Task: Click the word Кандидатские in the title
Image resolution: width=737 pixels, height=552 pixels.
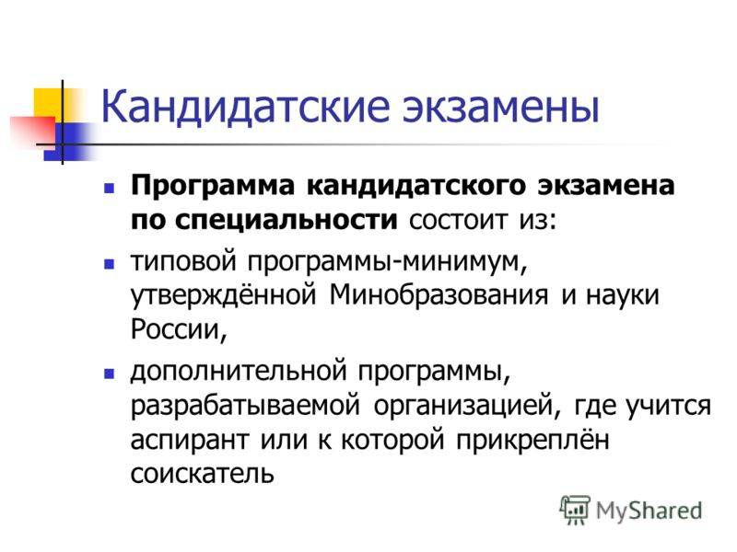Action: tap(246, 107)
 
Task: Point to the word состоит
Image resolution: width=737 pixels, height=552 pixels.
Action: tap(459, 220)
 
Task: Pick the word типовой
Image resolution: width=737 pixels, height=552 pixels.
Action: tap(182, 261)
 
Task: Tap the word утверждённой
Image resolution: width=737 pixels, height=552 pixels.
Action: tap(223, 296)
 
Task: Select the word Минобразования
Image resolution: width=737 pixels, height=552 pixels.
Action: tap(439, 295)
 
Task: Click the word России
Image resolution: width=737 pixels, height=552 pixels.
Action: tap(179, 329)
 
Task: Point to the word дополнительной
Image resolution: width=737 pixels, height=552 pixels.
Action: tap(239, 372)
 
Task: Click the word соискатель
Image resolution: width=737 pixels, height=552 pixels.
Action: tap(202, 474)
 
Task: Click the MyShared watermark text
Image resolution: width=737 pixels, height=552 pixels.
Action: tap(649, 512)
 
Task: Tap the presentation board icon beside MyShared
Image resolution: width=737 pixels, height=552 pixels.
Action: tap(575, 510)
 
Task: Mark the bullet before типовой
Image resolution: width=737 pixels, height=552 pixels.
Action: tap(109, 263)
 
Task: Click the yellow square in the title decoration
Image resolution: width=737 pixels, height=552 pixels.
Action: tap(50, 103)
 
